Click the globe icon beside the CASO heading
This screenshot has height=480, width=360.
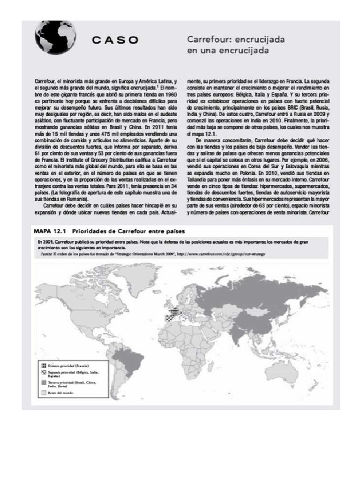point(51,38)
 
